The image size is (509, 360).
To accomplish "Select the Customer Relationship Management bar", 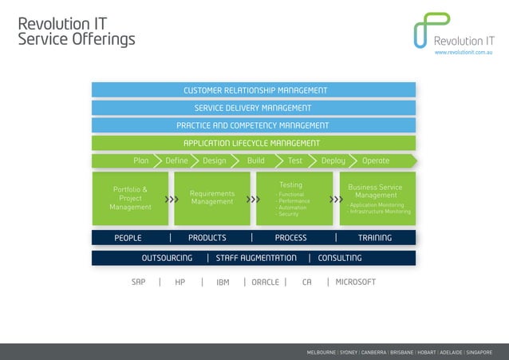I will [x=254, y=90].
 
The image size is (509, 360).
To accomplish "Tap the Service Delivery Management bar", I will [x=254, y=108].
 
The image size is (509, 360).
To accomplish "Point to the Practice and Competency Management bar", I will [x=254, y=125].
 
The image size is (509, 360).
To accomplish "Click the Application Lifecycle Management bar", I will [x=254, y=144].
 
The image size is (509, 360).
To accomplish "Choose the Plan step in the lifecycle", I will [x=140, y=160].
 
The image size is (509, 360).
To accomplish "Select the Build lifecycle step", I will [x=256, y=160].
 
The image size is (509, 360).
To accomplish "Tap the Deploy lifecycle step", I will [x=333, y=160].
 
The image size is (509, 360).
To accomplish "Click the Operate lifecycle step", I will [x=376, y=160].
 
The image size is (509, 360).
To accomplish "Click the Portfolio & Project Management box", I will [x=130, y=199].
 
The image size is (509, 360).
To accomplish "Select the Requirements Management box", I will [x=212, y=198].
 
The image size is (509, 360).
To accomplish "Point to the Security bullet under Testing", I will [x=288, y=214].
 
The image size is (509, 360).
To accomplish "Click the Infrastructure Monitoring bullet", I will [x=379, y=212].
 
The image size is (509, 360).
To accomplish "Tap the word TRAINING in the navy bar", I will [x=375, y=238].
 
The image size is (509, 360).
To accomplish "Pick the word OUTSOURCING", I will [x=167, y=258].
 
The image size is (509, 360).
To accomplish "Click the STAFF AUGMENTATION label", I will [x=256, y=258].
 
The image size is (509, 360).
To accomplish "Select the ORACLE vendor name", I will [x=265, y=282].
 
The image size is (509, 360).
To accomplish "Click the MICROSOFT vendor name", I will [x=355, y=282].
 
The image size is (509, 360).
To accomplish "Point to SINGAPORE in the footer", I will [x=479, y=352].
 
